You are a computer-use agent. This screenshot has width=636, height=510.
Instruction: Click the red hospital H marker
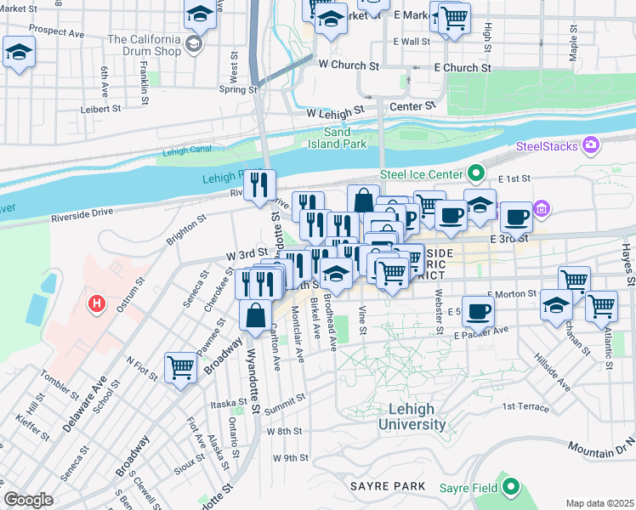click(97, 303)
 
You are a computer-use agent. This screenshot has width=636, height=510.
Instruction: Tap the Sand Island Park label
click(348, 138)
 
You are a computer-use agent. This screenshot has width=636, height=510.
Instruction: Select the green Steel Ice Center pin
click(476, 174)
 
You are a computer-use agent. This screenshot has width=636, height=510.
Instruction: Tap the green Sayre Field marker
click(510, 487)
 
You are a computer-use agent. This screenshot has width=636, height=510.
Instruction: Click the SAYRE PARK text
click(387, 486)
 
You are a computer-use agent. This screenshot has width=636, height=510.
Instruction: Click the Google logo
click(29, 500)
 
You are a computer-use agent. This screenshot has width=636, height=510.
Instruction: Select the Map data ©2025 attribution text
click(599, 503)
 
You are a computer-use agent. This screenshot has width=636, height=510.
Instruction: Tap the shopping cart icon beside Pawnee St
click(181, 368)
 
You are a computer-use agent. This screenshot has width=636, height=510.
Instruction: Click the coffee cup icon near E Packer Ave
click(478, 311)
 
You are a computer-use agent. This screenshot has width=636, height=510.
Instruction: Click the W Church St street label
click(348, 65)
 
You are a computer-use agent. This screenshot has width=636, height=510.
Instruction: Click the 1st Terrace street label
click(525, 407)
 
